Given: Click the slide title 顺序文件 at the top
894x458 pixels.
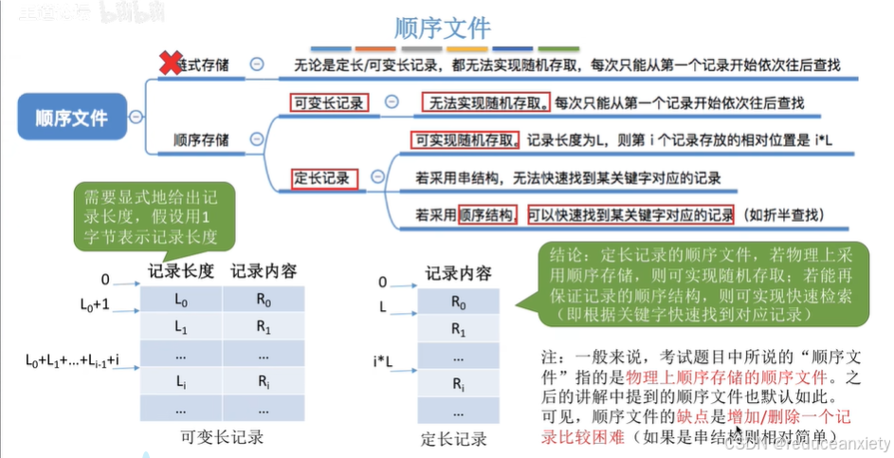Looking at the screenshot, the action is tap(443, 26).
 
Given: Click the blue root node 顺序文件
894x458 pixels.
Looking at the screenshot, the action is tap(71, 118).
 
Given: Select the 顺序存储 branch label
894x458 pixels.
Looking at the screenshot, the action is tap(201, 140).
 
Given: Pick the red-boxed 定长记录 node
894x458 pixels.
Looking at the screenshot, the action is tap(323, 176).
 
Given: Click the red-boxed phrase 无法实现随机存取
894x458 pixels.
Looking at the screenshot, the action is tap(486, 101).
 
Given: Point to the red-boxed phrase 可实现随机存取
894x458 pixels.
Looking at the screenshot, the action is tap(465, 140).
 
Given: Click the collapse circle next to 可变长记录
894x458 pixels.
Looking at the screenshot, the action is tap(392, 102).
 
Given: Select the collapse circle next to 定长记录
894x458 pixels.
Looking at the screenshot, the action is tap(378, 176).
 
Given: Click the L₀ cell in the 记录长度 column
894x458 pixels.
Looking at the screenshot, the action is tap(182, 300).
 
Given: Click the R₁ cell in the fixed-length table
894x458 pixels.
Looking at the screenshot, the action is tap(459, 331).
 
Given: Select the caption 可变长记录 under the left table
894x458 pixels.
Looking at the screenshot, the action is tap(220, 438).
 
